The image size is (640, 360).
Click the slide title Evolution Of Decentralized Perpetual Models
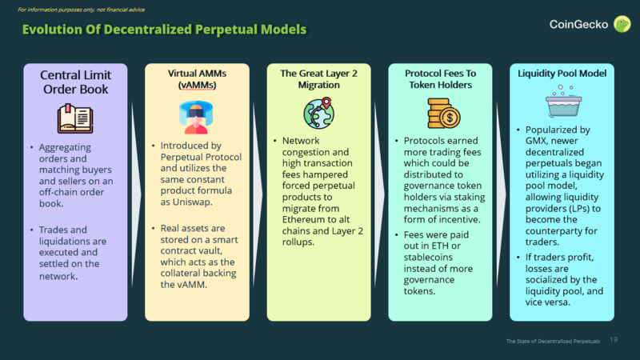tap(163, 30)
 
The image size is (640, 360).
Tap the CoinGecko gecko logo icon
tap(621, 24)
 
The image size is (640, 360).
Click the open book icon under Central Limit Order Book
tap(75, 118)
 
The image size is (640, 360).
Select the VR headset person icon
tap(194, 117)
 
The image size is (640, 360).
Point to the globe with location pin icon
tap(318, 114)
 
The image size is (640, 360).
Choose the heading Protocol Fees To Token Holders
tap(439, 79)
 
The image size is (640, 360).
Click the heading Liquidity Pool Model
tap(562, 74)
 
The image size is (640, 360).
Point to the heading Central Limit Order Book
tap(75, 82)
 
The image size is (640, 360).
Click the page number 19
tap(614, 340)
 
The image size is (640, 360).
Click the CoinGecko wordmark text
tap(578, 24)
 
